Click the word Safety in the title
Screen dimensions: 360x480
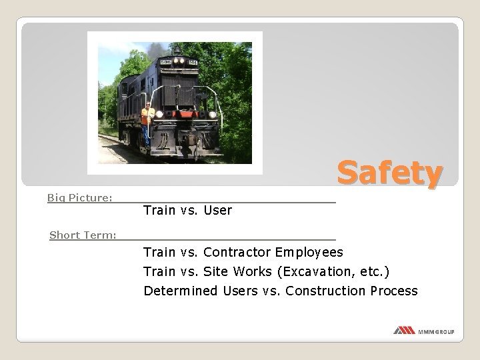(389, 174)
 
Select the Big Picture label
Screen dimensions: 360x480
(79, 197)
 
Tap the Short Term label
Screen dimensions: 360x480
(83, 235)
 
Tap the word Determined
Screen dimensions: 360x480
(180, 291)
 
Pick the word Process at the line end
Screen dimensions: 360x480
(394, 291)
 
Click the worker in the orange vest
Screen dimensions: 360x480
(147, 119)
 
